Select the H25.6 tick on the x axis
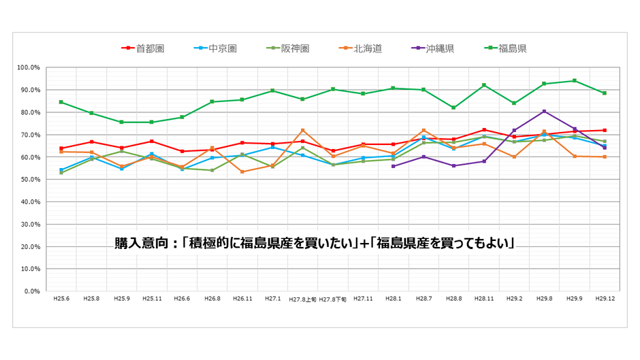pyautogui.click(x=61, y=299)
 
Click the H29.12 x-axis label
pyautogui.click(x=604, y=299)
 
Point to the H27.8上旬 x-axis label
pyautogui.click(x=302, y=299)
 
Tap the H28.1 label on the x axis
pyautogui.click(x=394, y=299)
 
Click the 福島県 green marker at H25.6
pyautogui.click(x=61, y=102)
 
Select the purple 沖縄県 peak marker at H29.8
pyautogui.click(x=544, y=111)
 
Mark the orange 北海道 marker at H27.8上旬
pyautogui.click(x=302, y=130)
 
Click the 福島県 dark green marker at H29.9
pyautogui.click(x=574, y=81)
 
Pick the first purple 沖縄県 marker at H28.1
pyautogui.click(x=394, y=166)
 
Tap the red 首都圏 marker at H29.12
pyautogui.click(x=604, y=130)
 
